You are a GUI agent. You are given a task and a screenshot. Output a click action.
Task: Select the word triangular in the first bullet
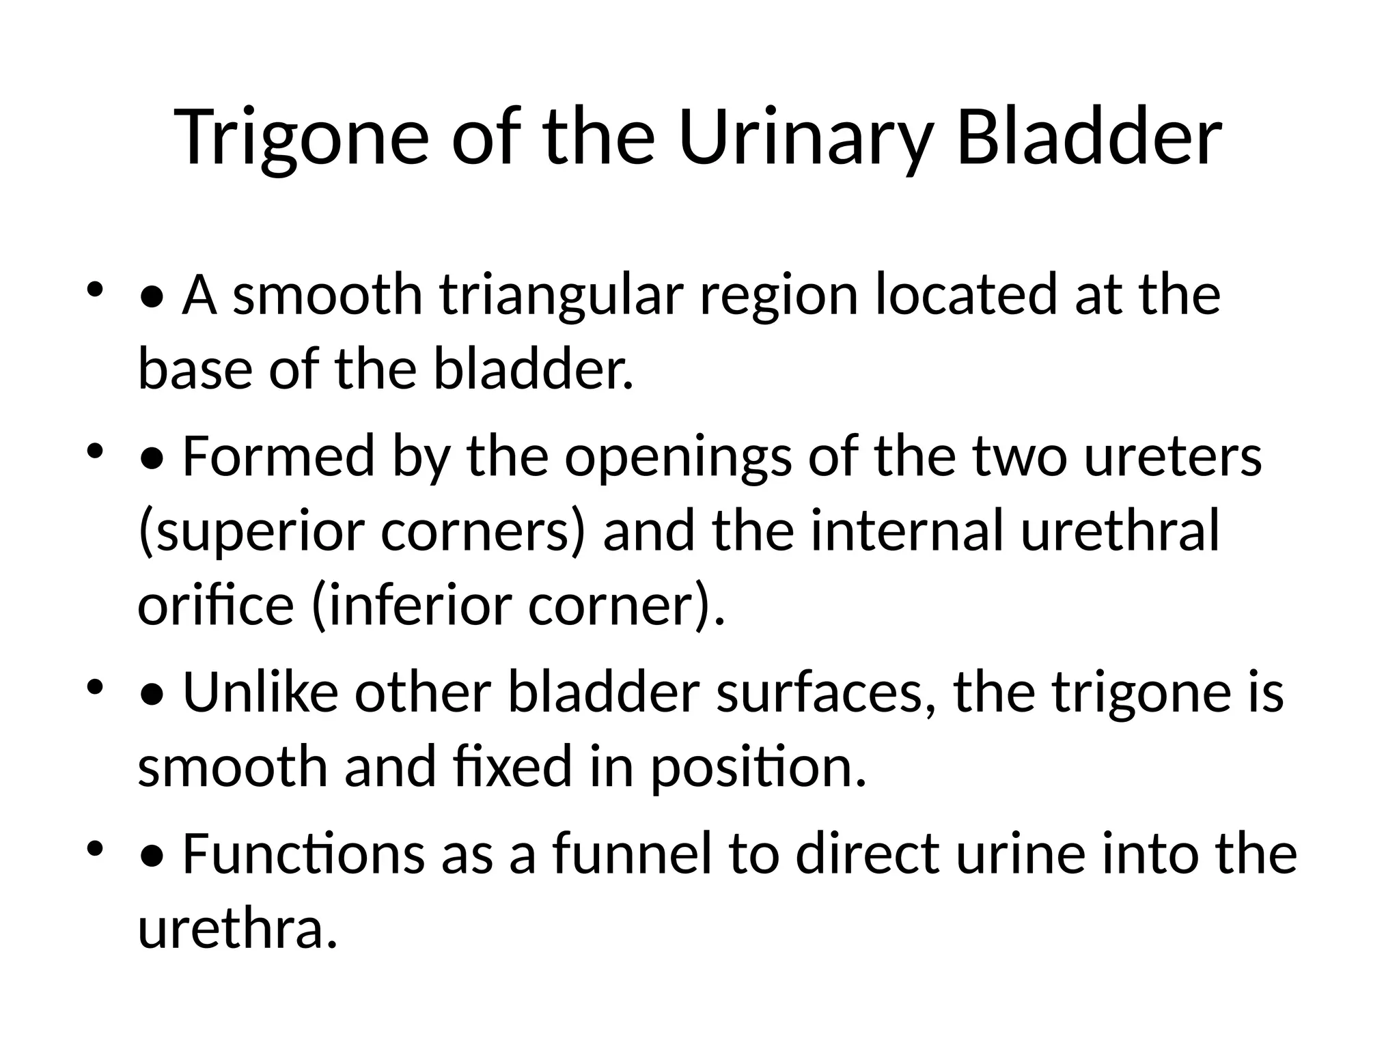click(561, 296)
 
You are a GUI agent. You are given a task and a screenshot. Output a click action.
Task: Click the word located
click(967, 296)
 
